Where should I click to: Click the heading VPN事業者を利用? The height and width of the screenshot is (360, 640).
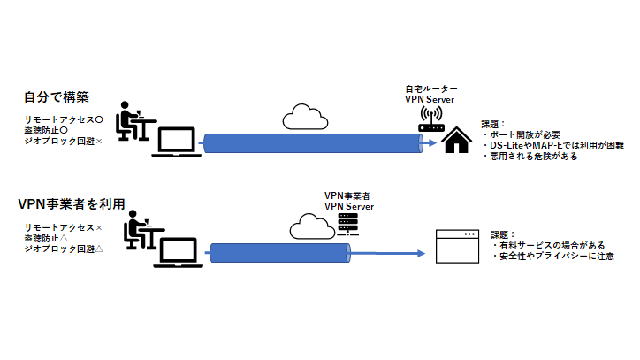click(x=71, y=203)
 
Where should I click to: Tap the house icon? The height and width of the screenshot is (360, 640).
click(x=456, y=139)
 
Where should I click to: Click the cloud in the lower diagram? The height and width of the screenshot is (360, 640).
click(x=310, y=226)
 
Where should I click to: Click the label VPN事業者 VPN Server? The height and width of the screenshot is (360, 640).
click(x=348, y=201)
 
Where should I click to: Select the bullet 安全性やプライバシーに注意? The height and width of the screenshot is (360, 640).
click(x=553, y=257)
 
